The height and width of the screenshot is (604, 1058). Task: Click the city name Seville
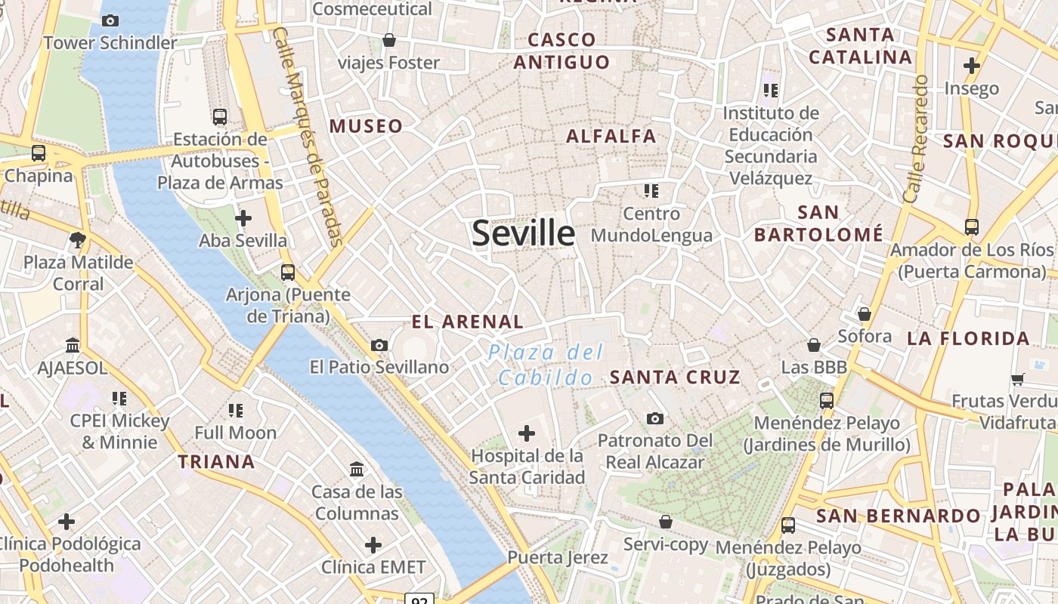[523, 233]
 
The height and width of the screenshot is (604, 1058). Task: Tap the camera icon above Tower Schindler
[110, 20]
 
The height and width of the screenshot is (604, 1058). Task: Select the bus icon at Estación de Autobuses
[219, 117]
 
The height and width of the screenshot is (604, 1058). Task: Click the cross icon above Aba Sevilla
[243, 219]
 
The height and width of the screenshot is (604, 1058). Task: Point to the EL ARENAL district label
[467, 322]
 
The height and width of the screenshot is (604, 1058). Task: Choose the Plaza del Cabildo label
[545, 365]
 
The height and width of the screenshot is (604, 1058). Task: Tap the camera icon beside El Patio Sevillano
[379, 345]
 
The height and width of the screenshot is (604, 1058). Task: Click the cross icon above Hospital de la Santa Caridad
[527, 433]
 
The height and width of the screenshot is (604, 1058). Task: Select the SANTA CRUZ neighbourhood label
[675, 377]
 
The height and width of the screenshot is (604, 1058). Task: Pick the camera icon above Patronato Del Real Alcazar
[655, 418]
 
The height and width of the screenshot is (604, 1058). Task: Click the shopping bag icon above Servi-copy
[666, 522]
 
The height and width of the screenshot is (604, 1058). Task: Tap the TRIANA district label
[216, 461]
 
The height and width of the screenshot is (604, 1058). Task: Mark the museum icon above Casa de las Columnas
[357, 470]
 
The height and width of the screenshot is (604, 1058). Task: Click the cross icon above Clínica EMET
[373, 545]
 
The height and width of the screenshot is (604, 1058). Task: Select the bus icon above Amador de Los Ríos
[972, 226]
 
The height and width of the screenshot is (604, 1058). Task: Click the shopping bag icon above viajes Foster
[389, 40]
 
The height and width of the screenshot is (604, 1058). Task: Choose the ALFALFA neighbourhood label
[611, 137]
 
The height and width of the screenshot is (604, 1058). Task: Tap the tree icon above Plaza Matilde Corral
[77, 240]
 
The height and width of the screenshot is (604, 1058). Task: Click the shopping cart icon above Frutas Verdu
[1018, 379]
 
